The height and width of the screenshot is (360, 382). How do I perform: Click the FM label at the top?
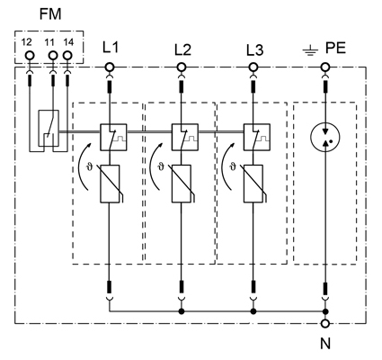(x=50, y=14)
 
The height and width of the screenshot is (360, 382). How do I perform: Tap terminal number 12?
(x=26, y=42)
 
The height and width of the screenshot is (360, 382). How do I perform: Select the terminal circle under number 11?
(x=53, y=55)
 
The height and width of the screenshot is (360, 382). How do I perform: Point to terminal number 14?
(x=68, y=42)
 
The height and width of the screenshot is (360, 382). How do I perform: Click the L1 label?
(x=111, y=48)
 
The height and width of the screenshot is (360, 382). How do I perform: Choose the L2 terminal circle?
(x=181, y=67)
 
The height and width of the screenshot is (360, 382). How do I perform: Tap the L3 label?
(x=255, y=50)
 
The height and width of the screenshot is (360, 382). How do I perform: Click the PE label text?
(x=335, y=48)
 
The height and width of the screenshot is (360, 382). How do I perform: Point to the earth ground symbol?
(x=310, y=51)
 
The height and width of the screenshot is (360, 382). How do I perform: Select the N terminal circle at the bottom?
(x=325, y=323)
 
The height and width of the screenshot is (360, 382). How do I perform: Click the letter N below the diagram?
(x=325, y=343)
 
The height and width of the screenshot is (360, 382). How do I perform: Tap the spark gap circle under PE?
(x=325, y=138)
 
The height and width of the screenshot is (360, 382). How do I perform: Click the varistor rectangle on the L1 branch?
(x=110, y=184)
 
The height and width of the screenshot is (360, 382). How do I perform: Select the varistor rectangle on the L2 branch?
(x=182, y=184)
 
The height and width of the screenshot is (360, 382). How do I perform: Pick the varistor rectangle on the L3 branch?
(x=253, y=184)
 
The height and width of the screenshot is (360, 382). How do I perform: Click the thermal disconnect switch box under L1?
(x=113, y=137)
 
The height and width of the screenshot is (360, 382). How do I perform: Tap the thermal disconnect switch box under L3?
(x=257, y=137)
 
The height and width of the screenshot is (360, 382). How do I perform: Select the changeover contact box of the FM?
(x=49, y=128)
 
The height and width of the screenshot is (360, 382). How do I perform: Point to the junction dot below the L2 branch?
(x=181, y=311)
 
